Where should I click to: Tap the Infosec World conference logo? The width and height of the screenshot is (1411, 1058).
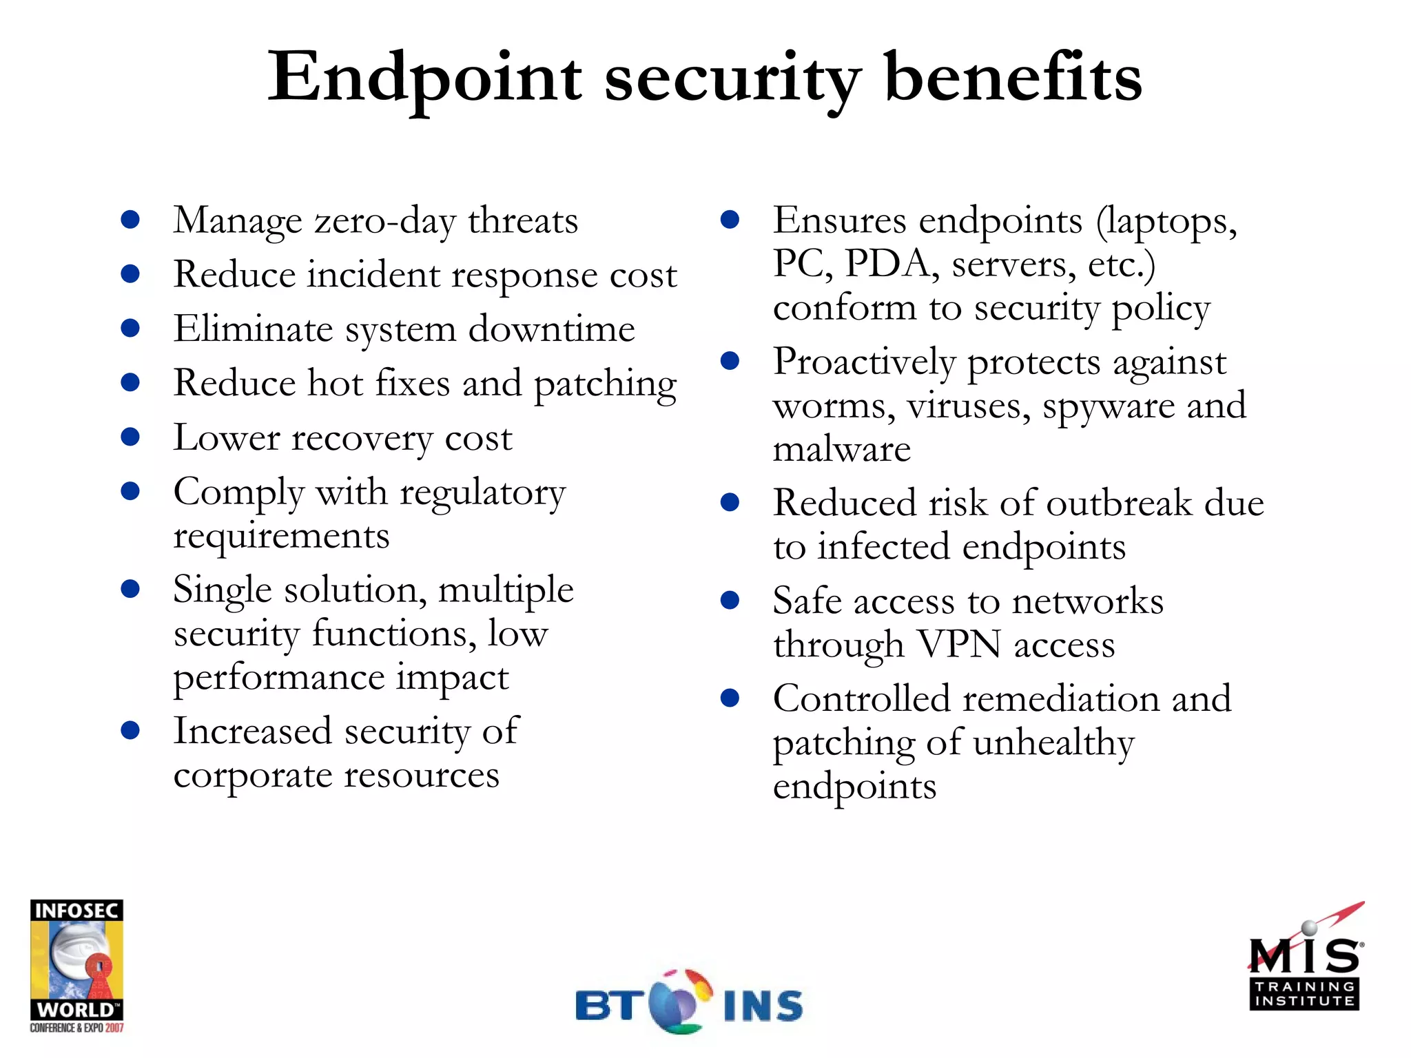point(76,965)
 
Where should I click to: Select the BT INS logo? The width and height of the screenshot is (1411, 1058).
point(689,1003)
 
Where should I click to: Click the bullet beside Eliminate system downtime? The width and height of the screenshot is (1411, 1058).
point(130,328)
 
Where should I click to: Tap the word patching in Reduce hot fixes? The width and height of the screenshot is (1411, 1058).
point(605,384)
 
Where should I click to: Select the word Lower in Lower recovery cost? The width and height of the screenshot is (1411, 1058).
point(227,437)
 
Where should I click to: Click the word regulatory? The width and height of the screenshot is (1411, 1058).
point(482,494)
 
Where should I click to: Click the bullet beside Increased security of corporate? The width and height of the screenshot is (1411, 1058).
point(130,730)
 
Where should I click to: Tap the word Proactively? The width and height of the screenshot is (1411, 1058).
point(864,363)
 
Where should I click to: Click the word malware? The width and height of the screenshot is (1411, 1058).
point(841,450)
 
